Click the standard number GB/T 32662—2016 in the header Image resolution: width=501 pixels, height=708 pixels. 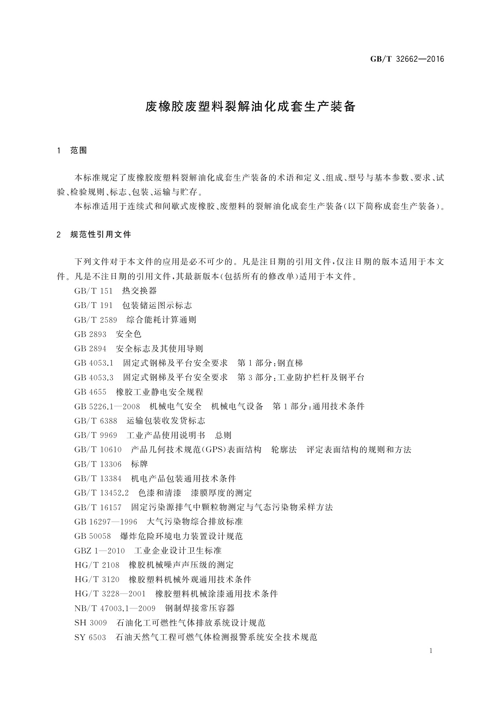407,59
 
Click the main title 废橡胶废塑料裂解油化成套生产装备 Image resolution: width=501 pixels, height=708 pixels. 250,107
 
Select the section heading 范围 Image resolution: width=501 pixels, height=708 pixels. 79,151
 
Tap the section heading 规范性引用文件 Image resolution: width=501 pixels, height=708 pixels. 101,235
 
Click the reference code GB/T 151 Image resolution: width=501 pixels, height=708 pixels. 93,291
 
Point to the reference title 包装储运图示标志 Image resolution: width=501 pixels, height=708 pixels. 157,305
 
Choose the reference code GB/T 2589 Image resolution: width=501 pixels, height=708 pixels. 95,320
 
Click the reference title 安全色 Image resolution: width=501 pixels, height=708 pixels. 128,334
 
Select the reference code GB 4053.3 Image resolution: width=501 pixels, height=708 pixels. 94,378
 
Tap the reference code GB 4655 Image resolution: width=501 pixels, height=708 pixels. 90,392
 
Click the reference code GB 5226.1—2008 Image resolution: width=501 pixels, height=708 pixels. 107,407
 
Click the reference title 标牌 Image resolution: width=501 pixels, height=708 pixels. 139,464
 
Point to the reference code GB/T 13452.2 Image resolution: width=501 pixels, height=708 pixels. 101,493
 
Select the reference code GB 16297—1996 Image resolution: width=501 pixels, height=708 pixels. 106,522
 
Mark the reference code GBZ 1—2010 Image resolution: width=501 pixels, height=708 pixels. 99,551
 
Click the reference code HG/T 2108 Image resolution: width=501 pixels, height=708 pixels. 97,565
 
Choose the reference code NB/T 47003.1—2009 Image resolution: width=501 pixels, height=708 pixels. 115,608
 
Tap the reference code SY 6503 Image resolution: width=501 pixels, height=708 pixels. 90,637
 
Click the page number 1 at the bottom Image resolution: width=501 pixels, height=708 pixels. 431,651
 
